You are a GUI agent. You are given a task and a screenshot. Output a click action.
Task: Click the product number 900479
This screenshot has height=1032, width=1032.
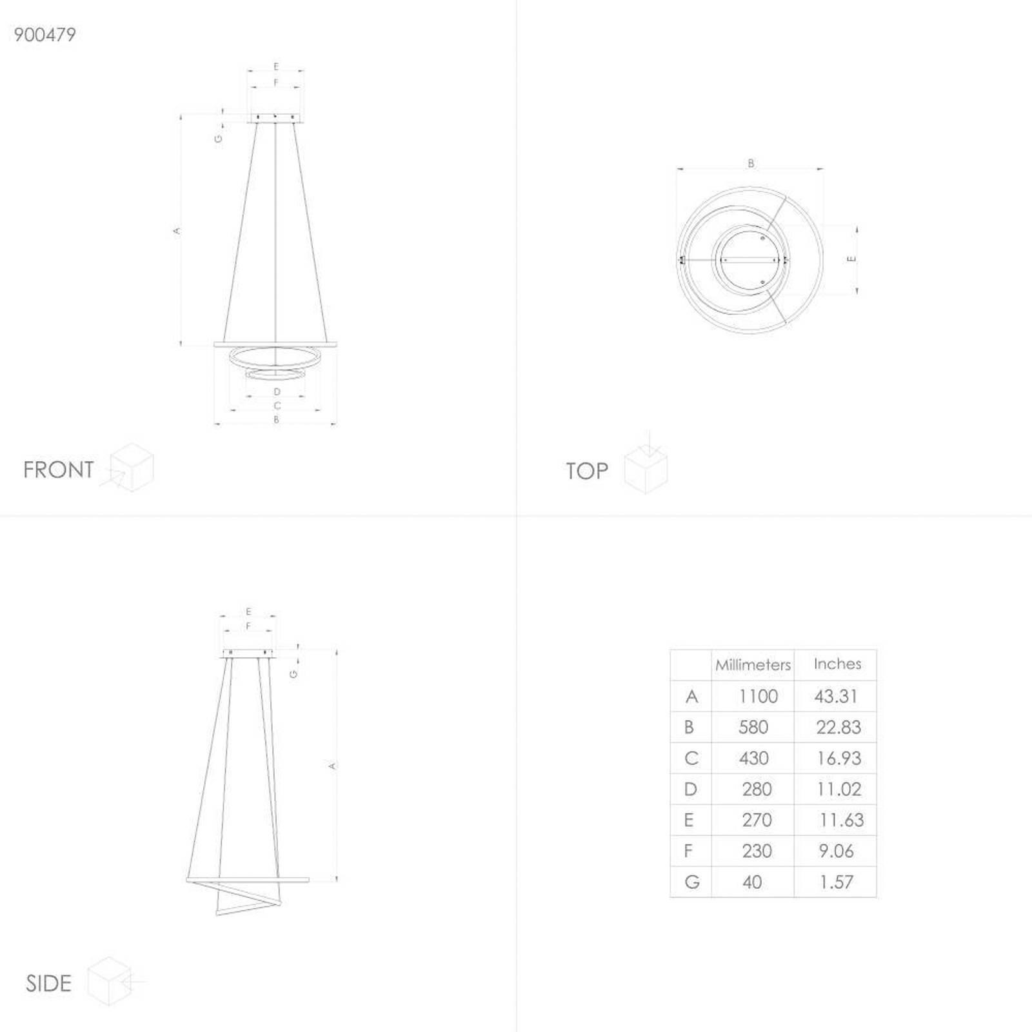pos(45,35)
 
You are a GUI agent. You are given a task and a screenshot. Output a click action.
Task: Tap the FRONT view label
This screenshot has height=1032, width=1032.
pos(59,470)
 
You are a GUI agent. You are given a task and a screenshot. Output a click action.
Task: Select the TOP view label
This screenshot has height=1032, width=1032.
pos(587,471)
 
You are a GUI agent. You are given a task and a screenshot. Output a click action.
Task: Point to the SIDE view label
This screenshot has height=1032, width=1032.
pos(48,983)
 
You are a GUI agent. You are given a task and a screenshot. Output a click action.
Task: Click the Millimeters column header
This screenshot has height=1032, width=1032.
pos(753,665)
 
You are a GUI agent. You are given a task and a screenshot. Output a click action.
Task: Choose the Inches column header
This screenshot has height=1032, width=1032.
pos(837,664)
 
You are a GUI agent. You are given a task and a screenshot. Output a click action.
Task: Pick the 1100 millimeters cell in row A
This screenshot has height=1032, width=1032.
pos(759,697)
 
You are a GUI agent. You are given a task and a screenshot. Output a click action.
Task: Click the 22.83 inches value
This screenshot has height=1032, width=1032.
pos(838,728)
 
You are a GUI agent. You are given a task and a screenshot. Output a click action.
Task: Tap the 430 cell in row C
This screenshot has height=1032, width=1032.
pos(753,759)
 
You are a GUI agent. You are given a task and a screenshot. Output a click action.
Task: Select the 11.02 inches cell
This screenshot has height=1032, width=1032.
pos(838,789)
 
